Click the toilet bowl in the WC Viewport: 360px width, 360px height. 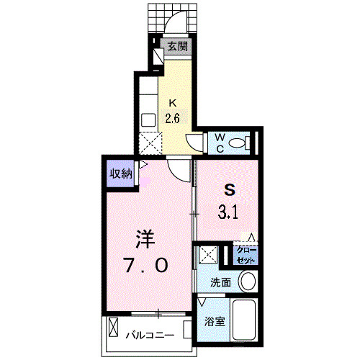(x=242, y=142)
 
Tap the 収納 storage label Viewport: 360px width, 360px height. (x=120, y=173)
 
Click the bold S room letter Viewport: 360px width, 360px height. (x=230, y=190)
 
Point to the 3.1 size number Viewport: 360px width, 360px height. (x=230, y=212)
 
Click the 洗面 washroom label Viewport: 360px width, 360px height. (x=220, y=283)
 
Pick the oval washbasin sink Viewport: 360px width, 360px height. (x=247, y=282)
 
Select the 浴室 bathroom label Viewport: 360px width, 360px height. (x=215, y=321)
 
